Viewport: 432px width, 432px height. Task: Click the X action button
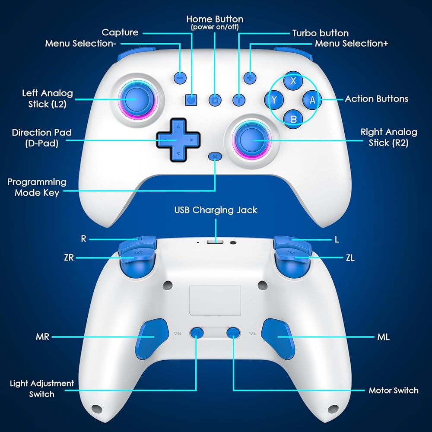click(x=293, y=81)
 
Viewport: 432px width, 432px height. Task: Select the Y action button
click(x=274, y=100)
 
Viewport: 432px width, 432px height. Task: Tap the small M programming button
click(x=215, y=156)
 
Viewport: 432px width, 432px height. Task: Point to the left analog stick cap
click(x=131, y=99)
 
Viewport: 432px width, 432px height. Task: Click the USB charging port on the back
click(x=215, y=242)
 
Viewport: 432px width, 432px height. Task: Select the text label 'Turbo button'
click(x=321, y=33)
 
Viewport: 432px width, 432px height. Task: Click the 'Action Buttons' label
click(x=376, y=99)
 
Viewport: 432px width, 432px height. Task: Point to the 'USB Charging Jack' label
click(x=216, y=210)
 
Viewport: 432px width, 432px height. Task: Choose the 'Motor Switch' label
click(x=393, y=391)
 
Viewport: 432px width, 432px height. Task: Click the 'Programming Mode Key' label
click(x=37, y=187)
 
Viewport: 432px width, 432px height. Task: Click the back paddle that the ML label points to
click(x=280, y=337)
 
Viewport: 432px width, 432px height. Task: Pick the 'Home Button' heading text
click(x=215, y=19)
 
